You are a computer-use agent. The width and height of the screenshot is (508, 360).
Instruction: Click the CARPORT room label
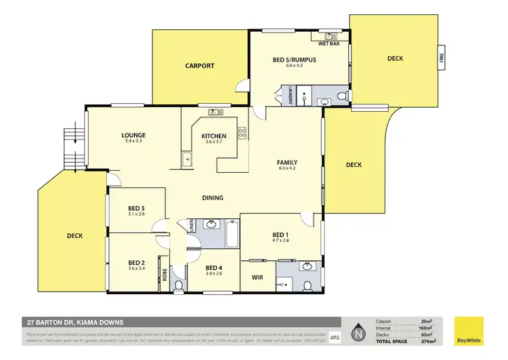point(200,66)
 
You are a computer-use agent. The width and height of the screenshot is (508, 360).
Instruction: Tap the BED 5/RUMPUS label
point(295,60)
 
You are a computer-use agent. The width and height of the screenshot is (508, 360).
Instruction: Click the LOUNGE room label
point(135,135)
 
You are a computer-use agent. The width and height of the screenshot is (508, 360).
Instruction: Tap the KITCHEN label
point(214,136)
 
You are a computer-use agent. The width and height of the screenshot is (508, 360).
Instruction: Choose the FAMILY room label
point(287,163)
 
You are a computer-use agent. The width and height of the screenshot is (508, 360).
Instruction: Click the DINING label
point(213,198)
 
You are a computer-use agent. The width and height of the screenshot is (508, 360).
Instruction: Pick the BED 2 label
point(137,262)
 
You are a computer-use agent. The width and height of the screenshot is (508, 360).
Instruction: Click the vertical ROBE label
point(164,275)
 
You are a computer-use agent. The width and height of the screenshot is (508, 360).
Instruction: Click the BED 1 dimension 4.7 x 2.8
point(280,240)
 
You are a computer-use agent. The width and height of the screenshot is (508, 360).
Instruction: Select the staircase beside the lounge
point(70,148)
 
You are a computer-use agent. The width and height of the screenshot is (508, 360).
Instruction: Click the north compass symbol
point(356,332)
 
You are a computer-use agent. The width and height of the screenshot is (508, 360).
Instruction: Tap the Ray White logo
point(471,329)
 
